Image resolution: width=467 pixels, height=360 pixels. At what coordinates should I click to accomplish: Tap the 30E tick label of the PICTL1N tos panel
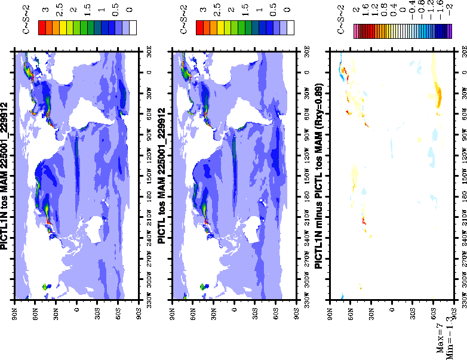click(148, 50)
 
